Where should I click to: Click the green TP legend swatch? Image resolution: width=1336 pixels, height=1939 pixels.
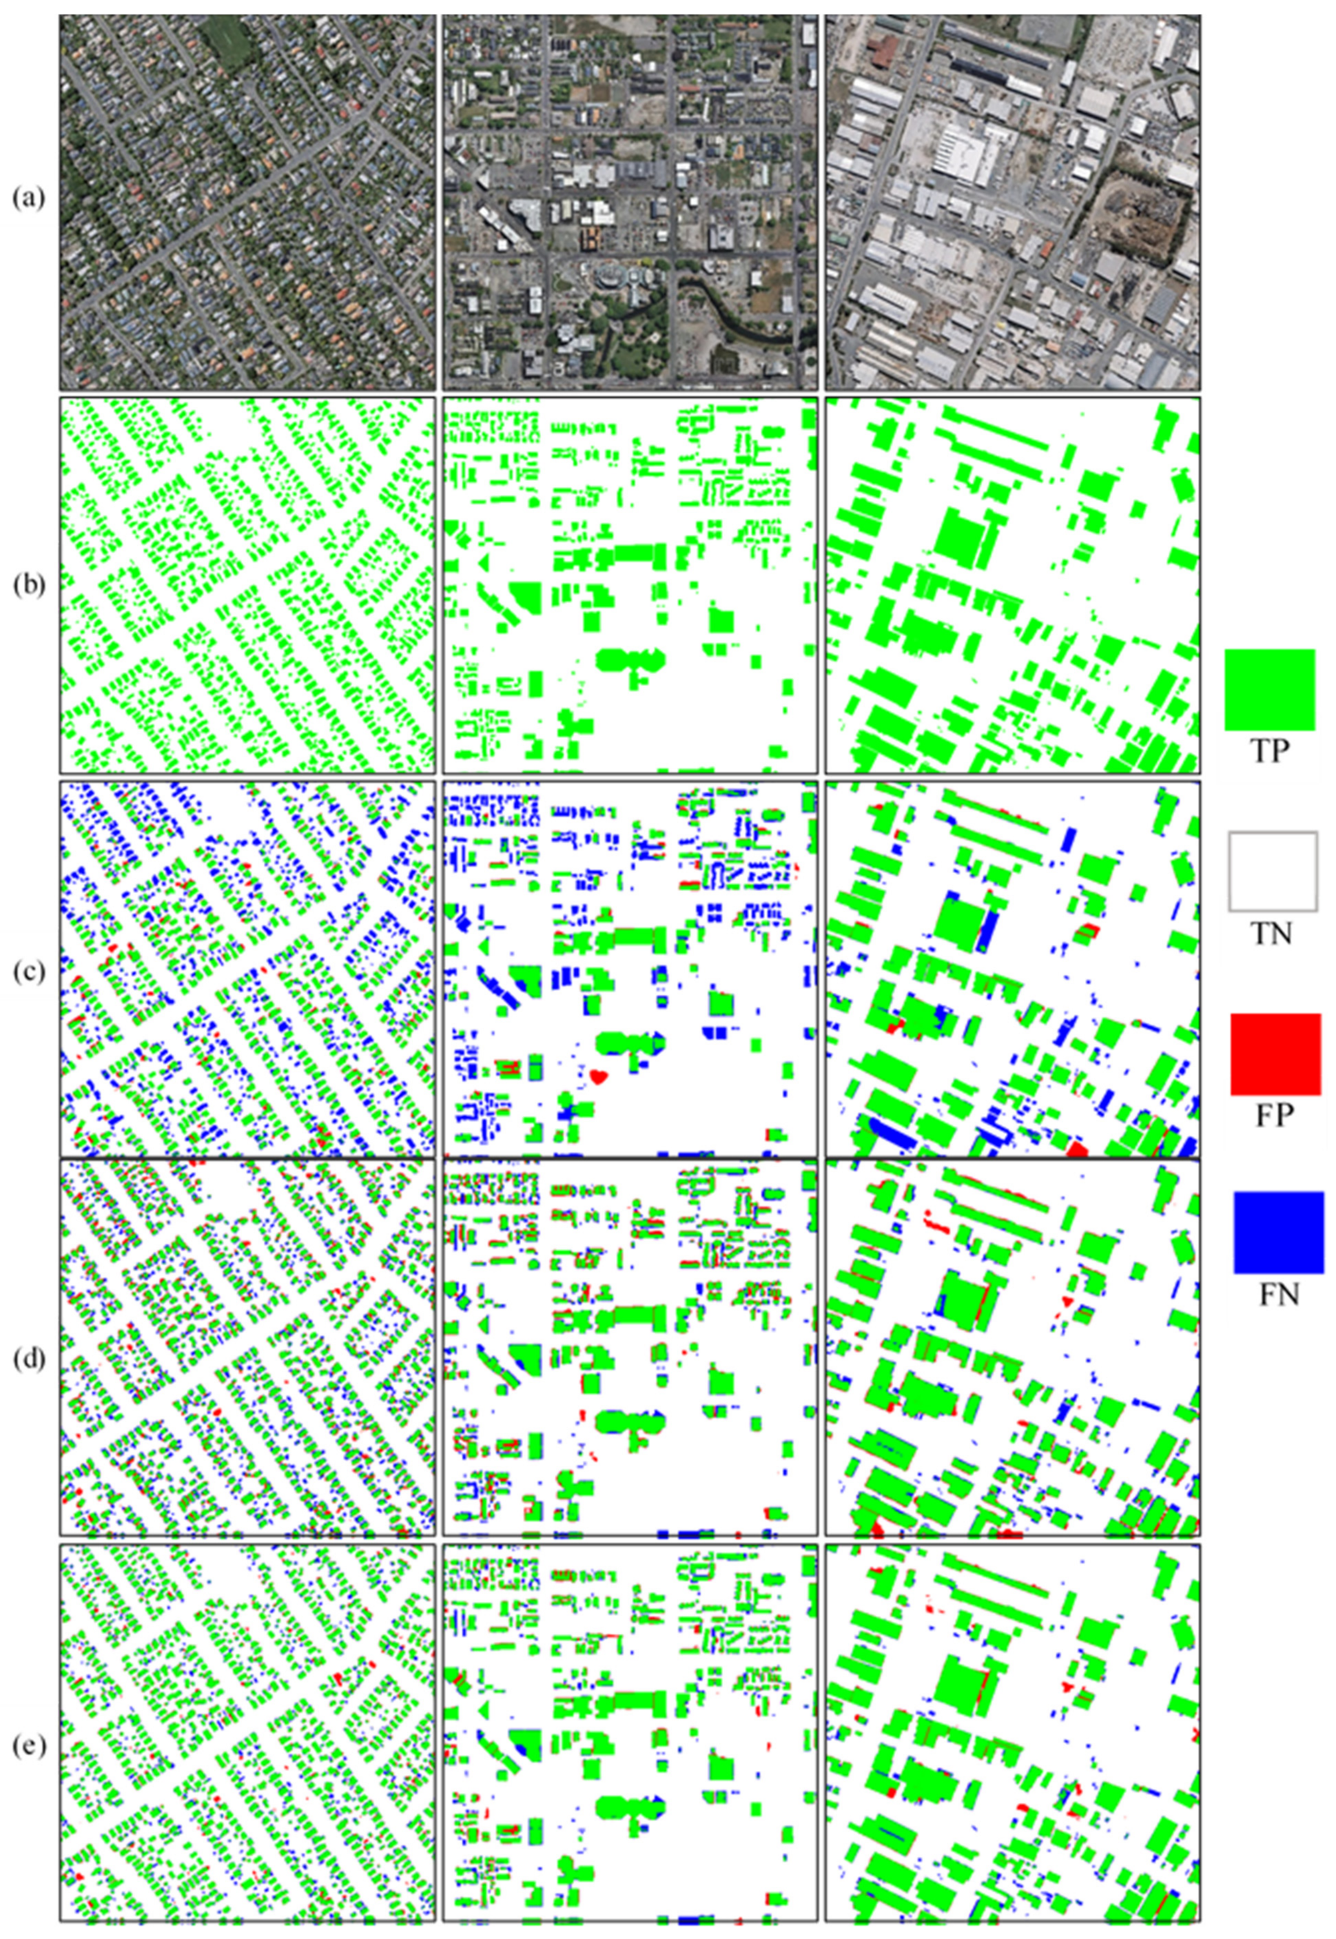[x=1269, y=689]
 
